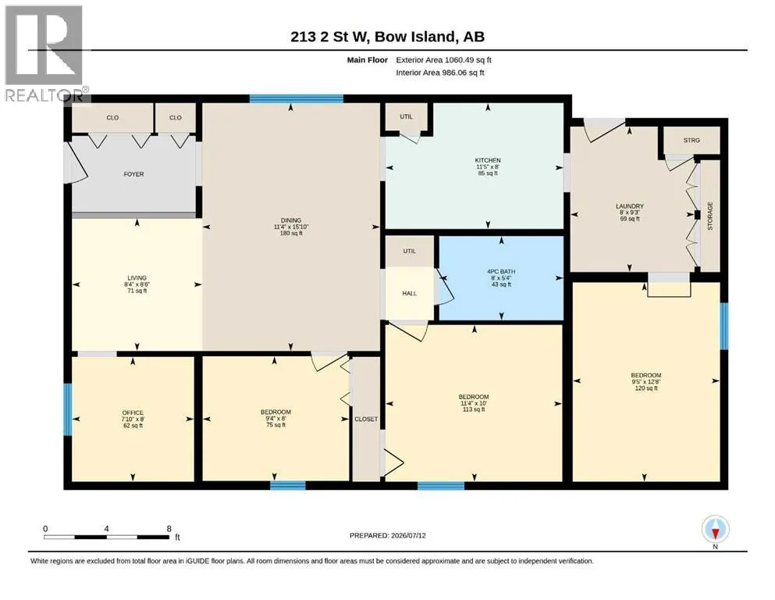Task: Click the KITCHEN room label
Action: point(488,160)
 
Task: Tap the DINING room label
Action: point(291,220)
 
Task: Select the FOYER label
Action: point(134,174)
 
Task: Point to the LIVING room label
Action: point(137,278)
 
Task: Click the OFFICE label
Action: point(133,412)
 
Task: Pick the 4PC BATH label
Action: point(501,272)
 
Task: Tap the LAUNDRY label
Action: point(630,206)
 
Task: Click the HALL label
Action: point(410,293)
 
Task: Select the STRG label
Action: point(691,140)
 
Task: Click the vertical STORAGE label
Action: point(710,216)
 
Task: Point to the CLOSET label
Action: point(366,419)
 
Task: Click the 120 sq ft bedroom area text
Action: point(646,388)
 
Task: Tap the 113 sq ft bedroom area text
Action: point(474,409)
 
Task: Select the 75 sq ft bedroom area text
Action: point(276,425)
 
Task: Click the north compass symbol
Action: point(715,530)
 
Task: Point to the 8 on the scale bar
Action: point(169,528)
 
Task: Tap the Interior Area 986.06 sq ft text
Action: point(440,73)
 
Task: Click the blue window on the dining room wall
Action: point(296,98)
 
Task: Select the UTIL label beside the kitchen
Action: point(407,116)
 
